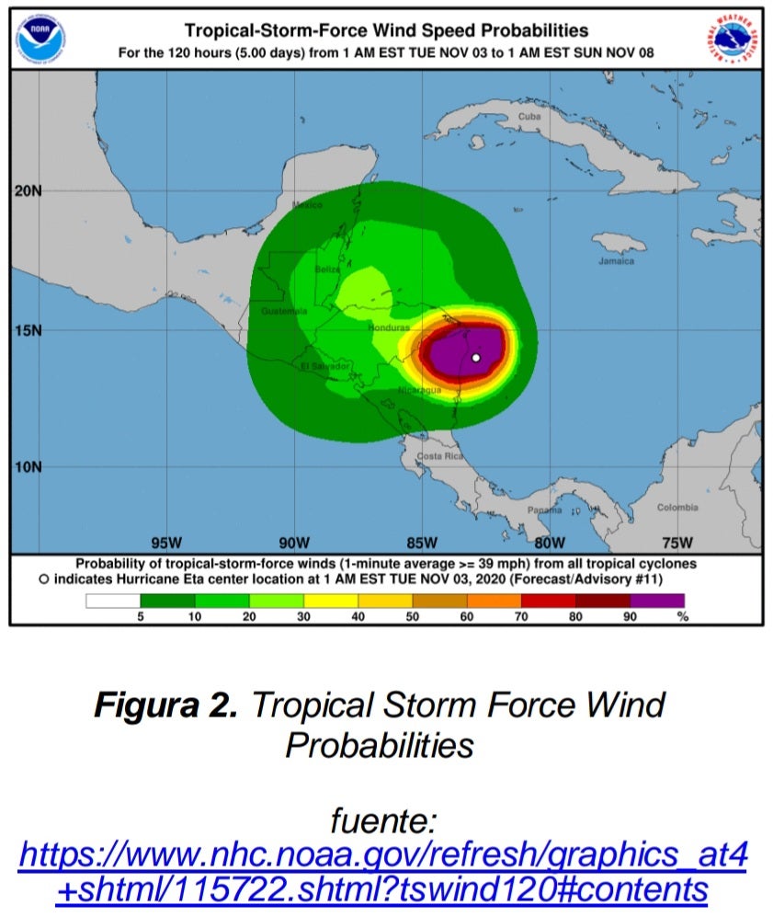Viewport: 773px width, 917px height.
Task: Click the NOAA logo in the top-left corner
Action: tap(40, 40)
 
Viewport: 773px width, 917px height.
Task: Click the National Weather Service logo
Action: tap(732, 40)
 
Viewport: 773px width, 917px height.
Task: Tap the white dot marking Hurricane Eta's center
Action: tap(476, 358)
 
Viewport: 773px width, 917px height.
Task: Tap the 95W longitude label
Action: tap(166, 541)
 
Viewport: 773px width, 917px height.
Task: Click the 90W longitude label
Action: tap(295, 541)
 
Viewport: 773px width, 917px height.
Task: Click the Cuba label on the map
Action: tap(529, 117)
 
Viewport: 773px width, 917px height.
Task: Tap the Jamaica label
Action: tap(616, 261)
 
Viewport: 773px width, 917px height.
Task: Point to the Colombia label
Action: tap(676, 508)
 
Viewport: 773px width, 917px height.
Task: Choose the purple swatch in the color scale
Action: tap(656, 602)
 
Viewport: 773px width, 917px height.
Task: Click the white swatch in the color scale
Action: tap(113, 602)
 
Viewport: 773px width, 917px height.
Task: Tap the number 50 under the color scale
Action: tap(413, 617)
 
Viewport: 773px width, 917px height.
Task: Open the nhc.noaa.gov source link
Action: tap(382, 873)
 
